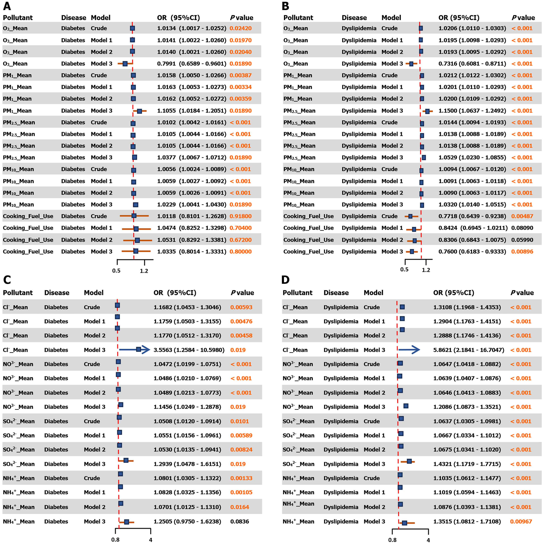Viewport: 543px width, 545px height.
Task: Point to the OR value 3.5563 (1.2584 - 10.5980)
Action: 189,350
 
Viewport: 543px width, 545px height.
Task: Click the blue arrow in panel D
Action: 409,350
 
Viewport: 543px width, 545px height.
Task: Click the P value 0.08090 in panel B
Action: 522,228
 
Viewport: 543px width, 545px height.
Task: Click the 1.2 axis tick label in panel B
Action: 426,270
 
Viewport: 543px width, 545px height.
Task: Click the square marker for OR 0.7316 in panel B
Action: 411,64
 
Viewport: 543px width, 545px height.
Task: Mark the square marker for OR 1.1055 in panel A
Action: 139,111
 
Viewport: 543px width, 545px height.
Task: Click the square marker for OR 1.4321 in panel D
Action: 409,461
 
